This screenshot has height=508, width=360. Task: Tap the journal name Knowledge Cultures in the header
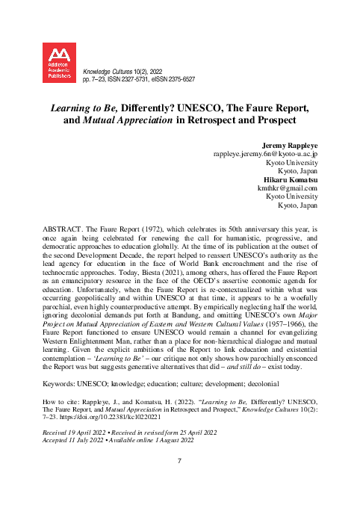(x=111, y=68)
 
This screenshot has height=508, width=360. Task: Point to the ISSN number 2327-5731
(x=147, y=78)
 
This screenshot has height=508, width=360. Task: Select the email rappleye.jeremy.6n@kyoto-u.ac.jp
(x=267, y=153)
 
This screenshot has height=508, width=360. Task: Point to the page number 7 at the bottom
(x=180, y=461)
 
